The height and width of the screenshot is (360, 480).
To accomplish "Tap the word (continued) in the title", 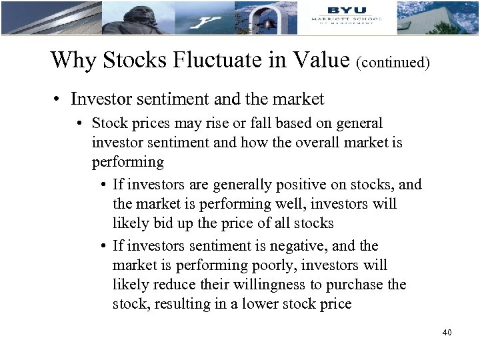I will coord(393,63).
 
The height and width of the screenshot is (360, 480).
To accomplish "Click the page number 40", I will coord(447,331).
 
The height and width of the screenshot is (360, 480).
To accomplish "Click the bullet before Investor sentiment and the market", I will coord(59,99).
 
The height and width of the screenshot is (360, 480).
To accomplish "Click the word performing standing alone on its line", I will coord(127,161).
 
